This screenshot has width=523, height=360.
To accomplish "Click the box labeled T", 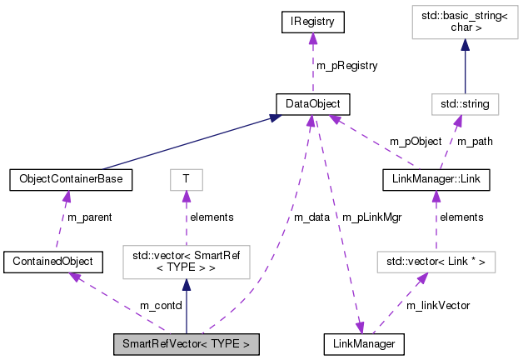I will (186, 177).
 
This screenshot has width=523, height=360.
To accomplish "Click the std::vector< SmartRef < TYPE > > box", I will (186, 262).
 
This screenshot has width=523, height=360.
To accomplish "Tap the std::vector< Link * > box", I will (436, 262).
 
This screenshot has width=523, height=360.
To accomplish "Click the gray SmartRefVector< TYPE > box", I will (186, 343).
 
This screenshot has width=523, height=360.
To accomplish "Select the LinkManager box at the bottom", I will (364, 343).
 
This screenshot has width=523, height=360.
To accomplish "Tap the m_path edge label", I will (475, 141).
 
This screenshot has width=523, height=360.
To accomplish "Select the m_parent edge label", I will (85, 217).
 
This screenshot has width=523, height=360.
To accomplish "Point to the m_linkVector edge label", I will (438, 306).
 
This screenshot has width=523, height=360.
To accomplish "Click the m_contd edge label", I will (160, 306).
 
